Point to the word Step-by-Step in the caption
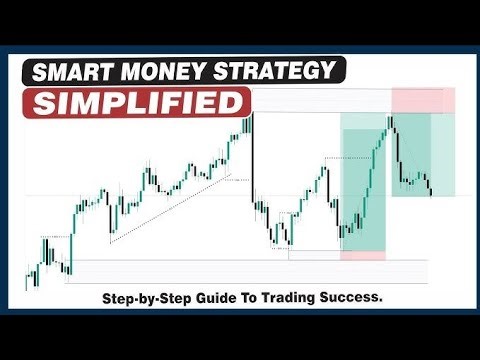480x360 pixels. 148,298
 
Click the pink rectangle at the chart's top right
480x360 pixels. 423,100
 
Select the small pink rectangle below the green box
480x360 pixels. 361,256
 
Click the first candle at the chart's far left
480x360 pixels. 27,281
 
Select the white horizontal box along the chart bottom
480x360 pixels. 245,271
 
